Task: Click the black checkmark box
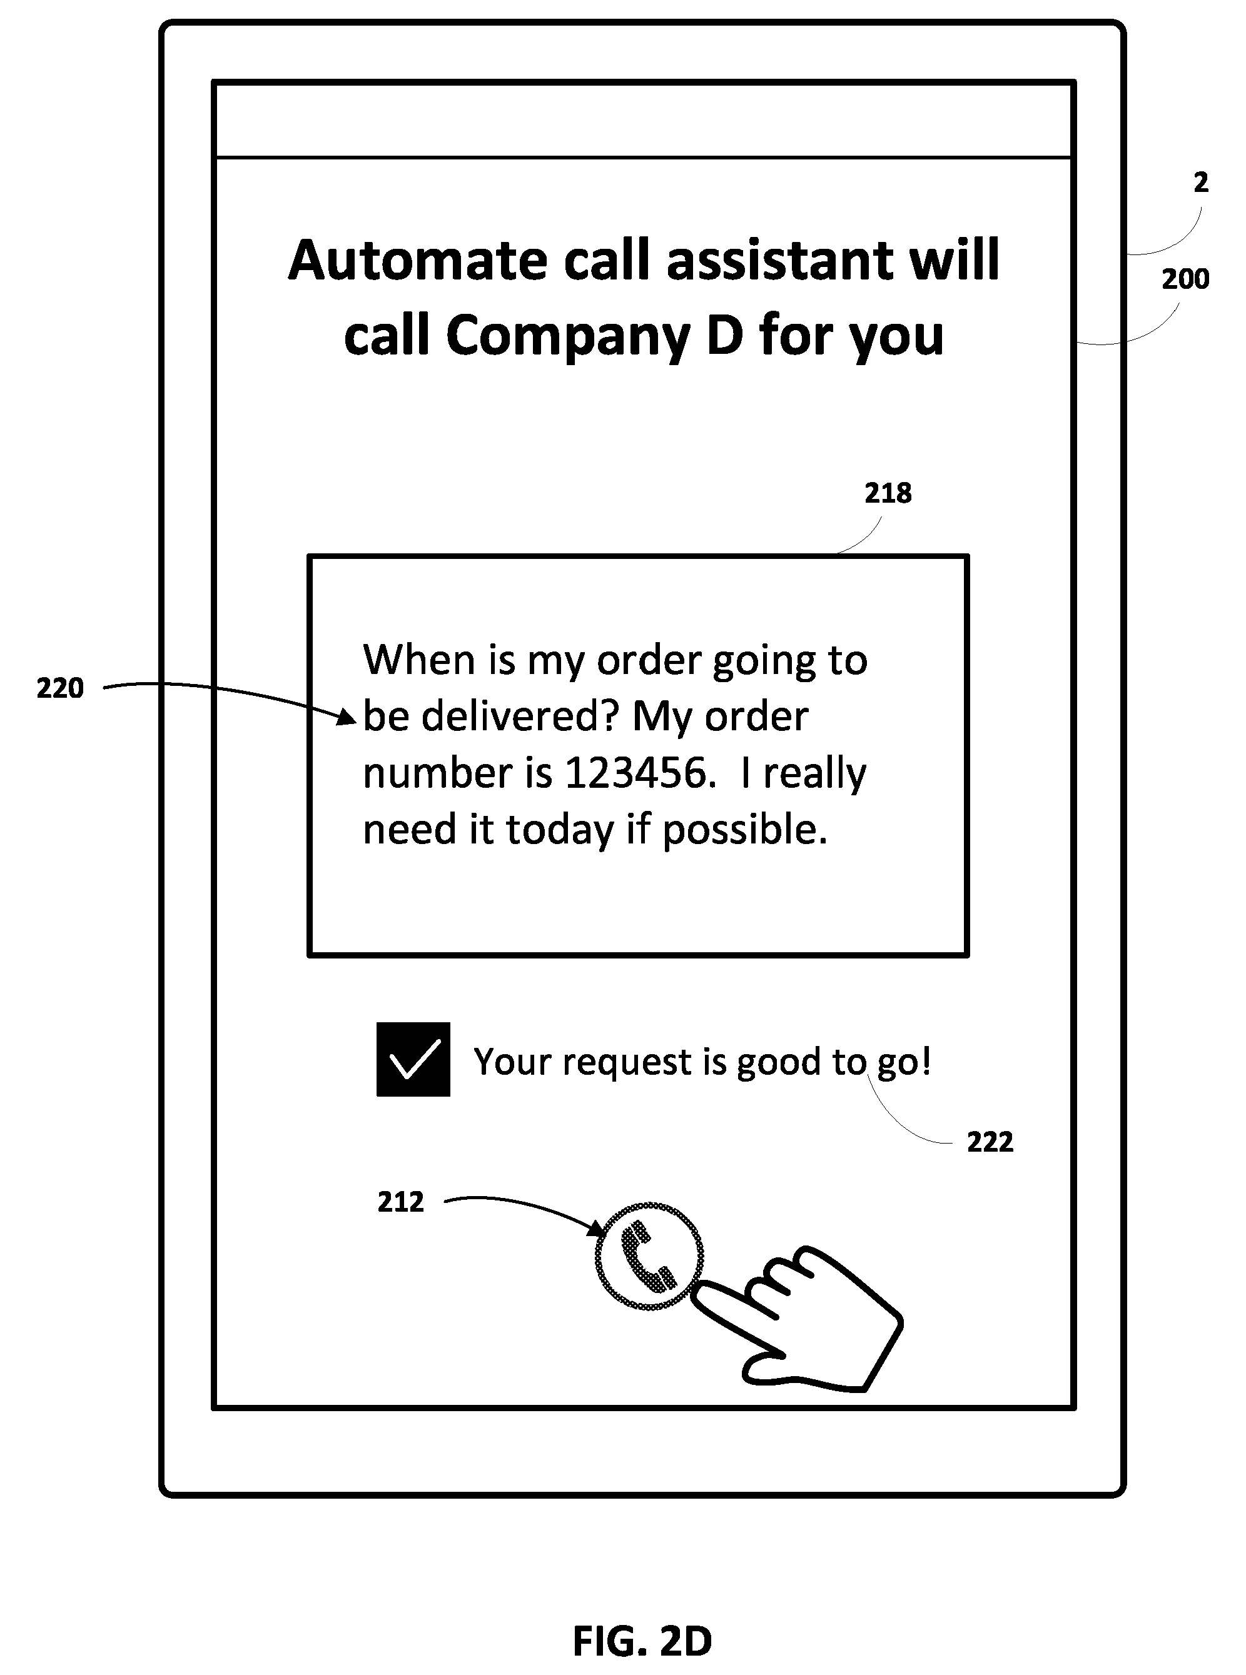pyautogui.click(x=413, y=1059)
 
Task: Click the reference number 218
pyautogui.click(x=888, y=494)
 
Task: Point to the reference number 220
pyautogui.click(x=60, y=688)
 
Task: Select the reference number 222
pyautogui.click(x=990, y=1142)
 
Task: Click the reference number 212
pyautogui.click(x=400, y=1202)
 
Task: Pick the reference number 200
pyautogui.click(x=1185, y=279)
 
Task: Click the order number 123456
pyautogui.click(x=635, y=773)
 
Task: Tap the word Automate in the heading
pyautogui.click(x=418, y=260)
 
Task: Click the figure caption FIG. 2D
pyautogui.click(x=642, y=1641)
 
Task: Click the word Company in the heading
pyautogui.click(x=568, y=336)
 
